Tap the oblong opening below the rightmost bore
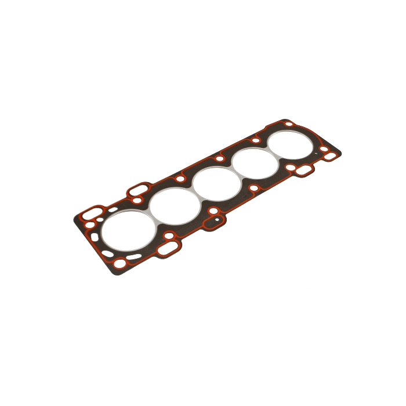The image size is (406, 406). [x=303, y=171]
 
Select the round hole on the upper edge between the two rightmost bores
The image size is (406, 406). [x=256, y=139]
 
